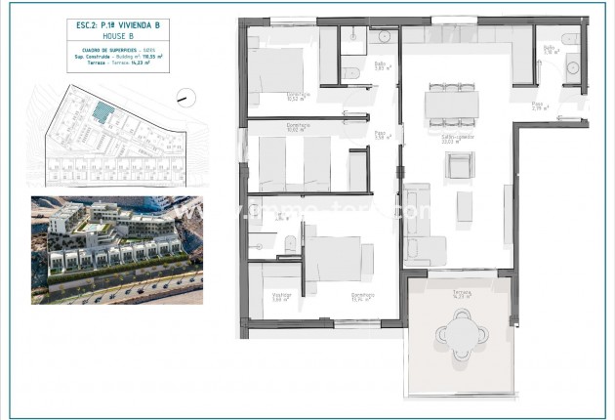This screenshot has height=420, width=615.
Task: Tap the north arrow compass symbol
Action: [184, 98]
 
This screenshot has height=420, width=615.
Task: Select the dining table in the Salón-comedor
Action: [451, 102]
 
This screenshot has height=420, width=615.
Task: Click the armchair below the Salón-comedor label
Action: [458, 167]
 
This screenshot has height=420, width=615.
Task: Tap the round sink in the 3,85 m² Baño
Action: [382, 36]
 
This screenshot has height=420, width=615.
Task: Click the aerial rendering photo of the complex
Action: [118, 249]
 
